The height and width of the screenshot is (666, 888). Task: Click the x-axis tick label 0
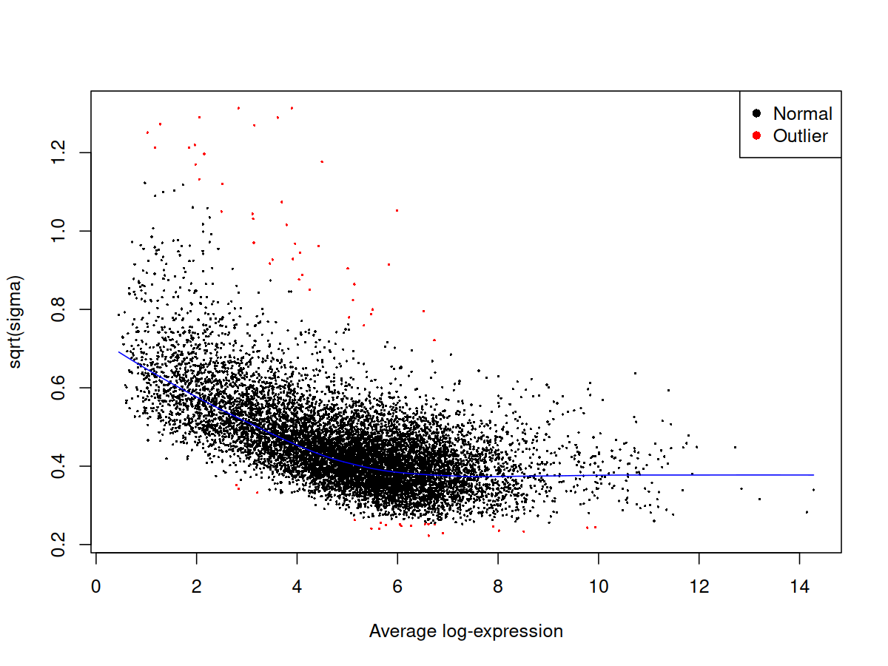click(95, 586)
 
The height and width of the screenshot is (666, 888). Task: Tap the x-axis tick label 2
click(196, 586)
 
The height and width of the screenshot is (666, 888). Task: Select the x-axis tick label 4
click(297, 586)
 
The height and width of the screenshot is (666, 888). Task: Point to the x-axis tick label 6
click(397, 586)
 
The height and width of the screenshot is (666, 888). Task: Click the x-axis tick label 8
click(498, 586)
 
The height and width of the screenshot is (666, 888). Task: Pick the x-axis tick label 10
click(599, 586)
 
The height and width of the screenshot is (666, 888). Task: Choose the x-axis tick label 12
click(699, 586)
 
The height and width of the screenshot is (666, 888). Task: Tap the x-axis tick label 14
click(799, 586)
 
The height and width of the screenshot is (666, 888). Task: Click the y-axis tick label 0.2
click(58, 545)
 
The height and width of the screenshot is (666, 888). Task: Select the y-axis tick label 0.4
click(58, 466)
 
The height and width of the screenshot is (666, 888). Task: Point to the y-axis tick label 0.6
click(58, 387)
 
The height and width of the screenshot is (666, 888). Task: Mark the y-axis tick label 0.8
click(58, 309)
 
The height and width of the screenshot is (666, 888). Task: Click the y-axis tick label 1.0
click(58, 231)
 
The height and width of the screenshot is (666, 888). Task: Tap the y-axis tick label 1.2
click(58, 152)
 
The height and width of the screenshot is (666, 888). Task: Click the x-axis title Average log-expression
click(466, 631)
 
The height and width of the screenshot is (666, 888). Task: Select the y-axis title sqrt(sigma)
click(15, 322)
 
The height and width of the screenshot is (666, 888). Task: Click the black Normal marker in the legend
click(756, 113)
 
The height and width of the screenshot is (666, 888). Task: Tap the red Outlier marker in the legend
click(756, 135)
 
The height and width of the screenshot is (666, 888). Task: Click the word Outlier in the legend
click(800, 136)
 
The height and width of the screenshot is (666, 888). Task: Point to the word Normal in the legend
click(803, 114)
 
